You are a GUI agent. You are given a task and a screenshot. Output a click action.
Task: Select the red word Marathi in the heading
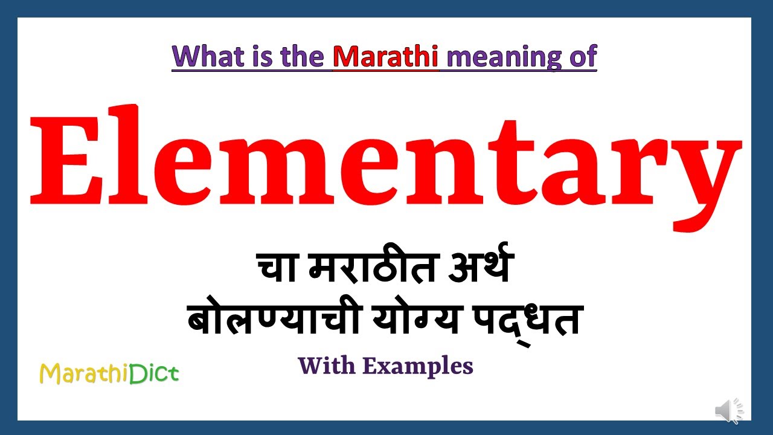pos(386,56)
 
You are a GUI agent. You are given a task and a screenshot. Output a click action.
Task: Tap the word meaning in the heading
pos(496,57)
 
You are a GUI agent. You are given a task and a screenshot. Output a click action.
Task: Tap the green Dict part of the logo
pos(158,374)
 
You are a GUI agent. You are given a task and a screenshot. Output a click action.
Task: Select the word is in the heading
pos(249,56)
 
